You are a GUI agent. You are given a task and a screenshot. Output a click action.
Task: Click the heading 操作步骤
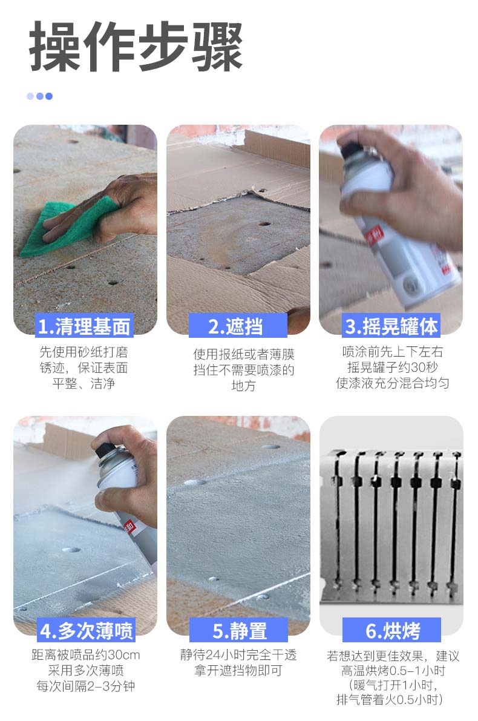click(136, 46)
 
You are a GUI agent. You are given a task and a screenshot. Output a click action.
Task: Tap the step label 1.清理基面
click(83, 327)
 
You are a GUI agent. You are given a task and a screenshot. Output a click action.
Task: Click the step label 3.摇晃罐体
click(391, 326)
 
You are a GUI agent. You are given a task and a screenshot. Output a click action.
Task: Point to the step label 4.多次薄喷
click(87, 630)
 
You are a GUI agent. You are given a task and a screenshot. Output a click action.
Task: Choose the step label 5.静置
click(239, 630)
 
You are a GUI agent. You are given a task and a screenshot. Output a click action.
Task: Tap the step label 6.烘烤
click(392, 630)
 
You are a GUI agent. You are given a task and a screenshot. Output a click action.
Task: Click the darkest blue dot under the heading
click(49, 96)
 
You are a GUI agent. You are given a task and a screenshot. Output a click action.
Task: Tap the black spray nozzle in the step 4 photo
click(105, 450)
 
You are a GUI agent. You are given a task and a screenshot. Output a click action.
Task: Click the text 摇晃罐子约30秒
click(392, 367)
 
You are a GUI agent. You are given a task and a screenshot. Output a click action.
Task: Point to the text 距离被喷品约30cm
click(86, 654)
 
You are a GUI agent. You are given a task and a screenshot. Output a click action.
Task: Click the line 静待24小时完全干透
click(238, 654)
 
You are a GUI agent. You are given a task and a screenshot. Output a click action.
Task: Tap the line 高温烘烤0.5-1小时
click(393, 671)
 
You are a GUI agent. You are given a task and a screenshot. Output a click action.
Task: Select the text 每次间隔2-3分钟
click(86, 686)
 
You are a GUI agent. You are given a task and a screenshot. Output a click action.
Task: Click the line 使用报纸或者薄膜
click(244, 354)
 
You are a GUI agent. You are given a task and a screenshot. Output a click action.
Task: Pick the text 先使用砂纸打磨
click(83, 352)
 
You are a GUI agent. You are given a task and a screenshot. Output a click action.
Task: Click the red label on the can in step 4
click(129, 526)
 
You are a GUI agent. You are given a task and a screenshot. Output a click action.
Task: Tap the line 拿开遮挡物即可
click(238, 670)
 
